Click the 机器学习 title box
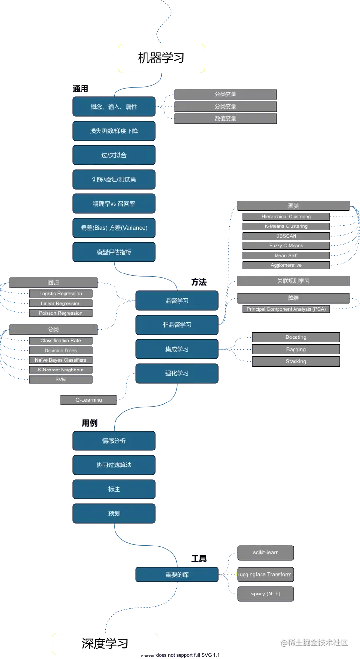161,58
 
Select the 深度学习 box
105,643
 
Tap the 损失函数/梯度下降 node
114,131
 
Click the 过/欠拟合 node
114,155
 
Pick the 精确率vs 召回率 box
114,204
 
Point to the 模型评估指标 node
114,252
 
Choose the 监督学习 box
177,301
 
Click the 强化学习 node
177,373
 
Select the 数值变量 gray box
226,118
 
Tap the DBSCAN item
286,236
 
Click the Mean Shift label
286,256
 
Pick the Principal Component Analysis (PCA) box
286,309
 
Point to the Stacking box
296,361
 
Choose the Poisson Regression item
61,313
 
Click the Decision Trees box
61,351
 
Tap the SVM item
61,380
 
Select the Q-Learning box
89,400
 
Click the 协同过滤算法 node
114,465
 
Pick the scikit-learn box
265,553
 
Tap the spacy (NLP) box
265,594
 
